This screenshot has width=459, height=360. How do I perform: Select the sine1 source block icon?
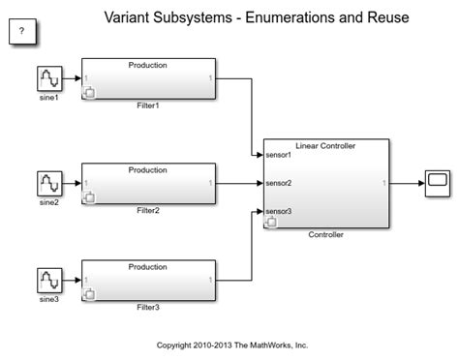pos(50,78)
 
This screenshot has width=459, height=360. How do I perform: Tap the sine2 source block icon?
pos(50,183)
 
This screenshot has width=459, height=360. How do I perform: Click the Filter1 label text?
pos(148,105)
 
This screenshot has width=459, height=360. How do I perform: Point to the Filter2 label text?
pos(148,210)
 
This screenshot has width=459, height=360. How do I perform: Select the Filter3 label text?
pos(148,308)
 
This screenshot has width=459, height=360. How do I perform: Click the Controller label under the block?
pos(325,234)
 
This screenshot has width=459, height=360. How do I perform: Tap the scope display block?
pos(437,182)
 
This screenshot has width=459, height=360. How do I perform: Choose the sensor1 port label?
pos(281,154)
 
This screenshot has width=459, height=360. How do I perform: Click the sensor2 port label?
pos(281,182)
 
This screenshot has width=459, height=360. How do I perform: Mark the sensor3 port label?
pos(281,211)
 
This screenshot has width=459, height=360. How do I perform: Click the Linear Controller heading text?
pos(325,145)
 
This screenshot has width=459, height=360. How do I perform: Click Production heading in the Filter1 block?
pos(148,65)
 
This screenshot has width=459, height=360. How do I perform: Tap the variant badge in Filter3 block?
pos(90,294)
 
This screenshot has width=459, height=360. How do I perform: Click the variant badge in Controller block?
pos(271,223)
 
